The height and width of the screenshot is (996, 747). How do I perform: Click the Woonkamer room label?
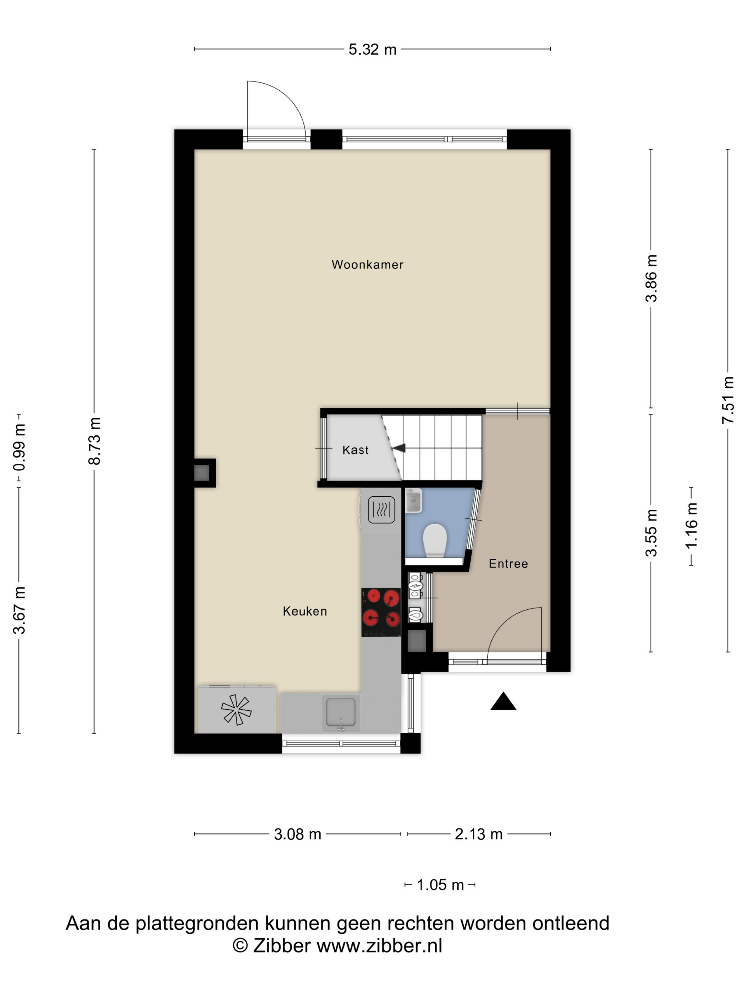point(367,264)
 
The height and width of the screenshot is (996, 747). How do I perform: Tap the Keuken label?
point(304,611)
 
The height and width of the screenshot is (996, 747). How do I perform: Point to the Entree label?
point(508,563)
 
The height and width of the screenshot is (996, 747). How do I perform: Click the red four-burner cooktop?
point(381,612)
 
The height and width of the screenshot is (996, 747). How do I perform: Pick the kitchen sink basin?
point(340,712)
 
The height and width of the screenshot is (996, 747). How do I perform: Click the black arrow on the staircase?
point(399,448)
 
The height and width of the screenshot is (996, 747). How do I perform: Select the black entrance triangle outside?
point(503,701)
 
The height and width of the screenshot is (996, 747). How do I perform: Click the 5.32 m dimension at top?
point(372,49)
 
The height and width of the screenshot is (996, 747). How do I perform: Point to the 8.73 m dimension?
point(95,441)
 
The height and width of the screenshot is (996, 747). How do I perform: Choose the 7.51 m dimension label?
point(728,400)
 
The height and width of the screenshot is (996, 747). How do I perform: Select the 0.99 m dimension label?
point(19,447)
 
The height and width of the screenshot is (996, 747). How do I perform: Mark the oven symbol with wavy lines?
point(381,510)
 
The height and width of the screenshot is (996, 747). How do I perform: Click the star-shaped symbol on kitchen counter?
point(236,710)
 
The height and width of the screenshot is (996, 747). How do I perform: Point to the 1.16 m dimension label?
point(691,526)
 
